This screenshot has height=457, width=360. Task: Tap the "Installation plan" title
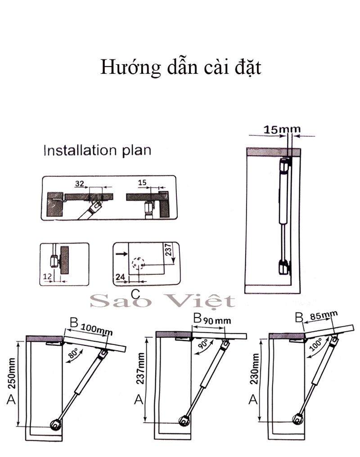[97, 150]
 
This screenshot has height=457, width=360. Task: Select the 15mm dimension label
[282, 130]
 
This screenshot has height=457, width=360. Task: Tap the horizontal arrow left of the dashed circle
[121, 254]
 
